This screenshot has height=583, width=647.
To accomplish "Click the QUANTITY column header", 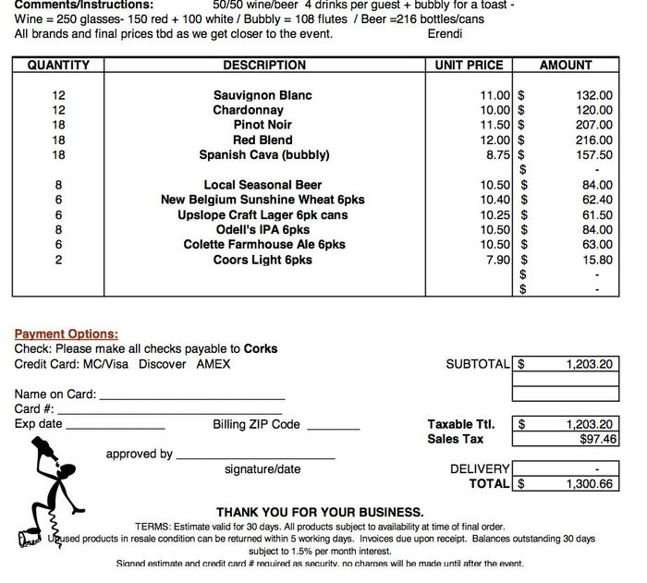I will point(58,66).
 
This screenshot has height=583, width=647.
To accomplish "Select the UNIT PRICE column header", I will point(469,66).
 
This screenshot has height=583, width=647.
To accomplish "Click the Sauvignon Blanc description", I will point(262,95).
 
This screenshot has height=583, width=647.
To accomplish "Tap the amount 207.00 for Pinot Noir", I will point(592,125).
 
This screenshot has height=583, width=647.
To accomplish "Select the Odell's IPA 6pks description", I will point(262,230).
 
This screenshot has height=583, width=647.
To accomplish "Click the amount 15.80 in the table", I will point(596,260).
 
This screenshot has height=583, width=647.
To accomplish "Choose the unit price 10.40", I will point(495,200).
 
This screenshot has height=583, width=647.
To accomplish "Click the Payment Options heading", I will point(66,334).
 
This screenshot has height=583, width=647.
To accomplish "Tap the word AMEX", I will point(214,364).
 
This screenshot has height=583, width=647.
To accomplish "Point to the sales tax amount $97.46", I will point(592,440).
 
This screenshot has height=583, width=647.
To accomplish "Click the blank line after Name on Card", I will point(191,396).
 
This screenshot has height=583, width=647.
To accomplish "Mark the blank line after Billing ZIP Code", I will point(333,426).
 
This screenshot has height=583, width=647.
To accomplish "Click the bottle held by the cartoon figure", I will point(41,452).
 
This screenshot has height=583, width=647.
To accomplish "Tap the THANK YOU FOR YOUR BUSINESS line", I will point(320,512).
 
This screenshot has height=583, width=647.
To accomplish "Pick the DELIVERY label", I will point(480,469).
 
